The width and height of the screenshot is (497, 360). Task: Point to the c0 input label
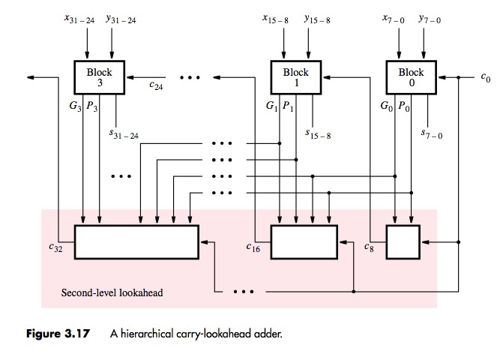[485, 76]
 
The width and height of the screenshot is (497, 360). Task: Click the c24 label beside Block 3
[155, 86]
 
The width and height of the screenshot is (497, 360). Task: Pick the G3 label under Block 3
[75, 106]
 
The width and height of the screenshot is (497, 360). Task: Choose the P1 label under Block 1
[288, 106]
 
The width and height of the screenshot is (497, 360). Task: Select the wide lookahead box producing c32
[136, 242]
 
